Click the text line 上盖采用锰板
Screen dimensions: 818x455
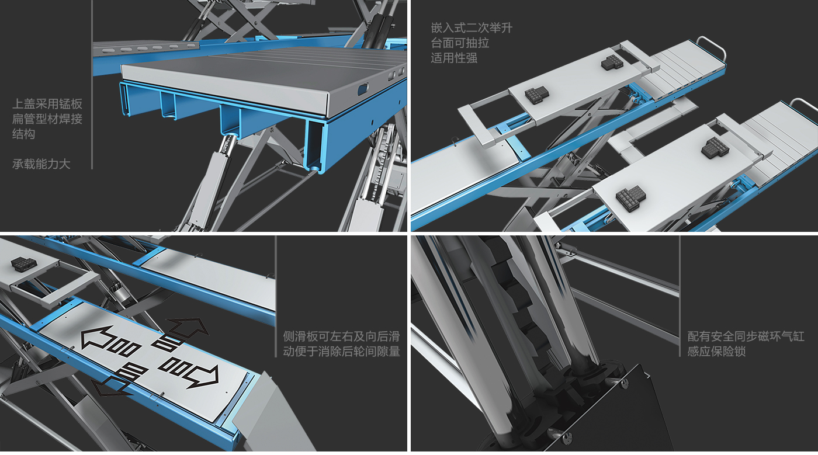(x=47, y=104)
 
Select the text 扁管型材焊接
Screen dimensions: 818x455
(x=47, y=119)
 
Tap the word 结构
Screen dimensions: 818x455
(x=24, y=134)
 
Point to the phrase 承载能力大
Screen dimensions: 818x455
(x=41, y=164)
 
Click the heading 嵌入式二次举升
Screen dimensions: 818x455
(x=472, y=28)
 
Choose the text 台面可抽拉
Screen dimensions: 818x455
(x=460, y=43)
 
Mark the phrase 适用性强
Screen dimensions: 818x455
(x=454, y=58)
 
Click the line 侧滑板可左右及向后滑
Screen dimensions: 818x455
(x=341, y=336)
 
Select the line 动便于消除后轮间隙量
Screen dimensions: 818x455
(x=341, y=351)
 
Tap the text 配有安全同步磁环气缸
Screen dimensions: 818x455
(x=746, y=336)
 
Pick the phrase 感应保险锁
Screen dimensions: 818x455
(x=716, y=351)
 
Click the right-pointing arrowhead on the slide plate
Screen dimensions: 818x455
(x=205, y=376)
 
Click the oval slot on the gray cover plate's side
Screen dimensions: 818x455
(x=363, y=89)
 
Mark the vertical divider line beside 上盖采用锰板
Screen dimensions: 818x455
(x=92, y=84)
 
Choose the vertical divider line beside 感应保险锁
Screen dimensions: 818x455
(x=680, y=296)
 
